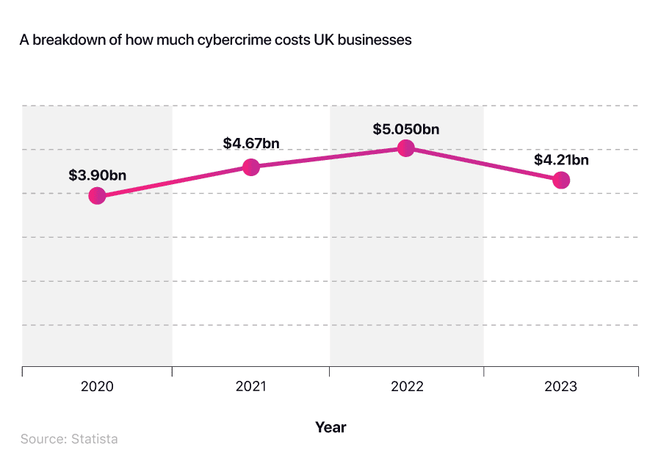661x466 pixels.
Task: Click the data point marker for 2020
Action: click(x=97, y=195)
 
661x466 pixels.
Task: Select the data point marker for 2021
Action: click(x=251, y=167)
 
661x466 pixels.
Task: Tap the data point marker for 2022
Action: click(x=406, y=148)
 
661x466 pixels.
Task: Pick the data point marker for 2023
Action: click(x=561, y=180)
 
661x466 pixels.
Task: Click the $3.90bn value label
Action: click(x=96, y=175)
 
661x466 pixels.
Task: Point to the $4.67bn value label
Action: click(x=251, y=144)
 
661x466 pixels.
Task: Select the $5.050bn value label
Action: click(x=406, y=129)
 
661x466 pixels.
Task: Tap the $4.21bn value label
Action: click(x=561, y=159)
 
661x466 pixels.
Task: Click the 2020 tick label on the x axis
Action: click(x=97, y=387)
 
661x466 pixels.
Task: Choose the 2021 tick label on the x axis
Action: click(x=251, y=387)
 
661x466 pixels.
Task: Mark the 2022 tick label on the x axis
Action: click(x=406, y=387)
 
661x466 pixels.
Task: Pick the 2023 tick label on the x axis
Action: click(x=561, y=387)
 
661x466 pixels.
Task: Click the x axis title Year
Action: click(x=330, y=426)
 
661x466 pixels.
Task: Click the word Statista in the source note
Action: click(x=94, y=439)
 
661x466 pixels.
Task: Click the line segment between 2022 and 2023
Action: click(x=483, y=164)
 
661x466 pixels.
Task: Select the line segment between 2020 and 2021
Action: click(x=174, y=181)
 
